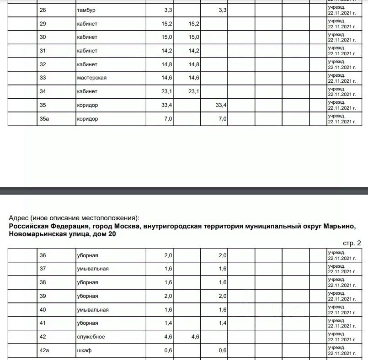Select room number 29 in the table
click(x=43, y=23)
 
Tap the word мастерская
click(x=91, y=78)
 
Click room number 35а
click(x=44, y=119)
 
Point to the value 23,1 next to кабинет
click(x=167, y=91)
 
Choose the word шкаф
click(x=83, y=350)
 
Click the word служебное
click(x=91, y=337)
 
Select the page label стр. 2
click(x=352, y=243)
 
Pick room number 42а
click(x=44, y=350)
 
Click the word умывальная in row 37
click(x=92, y=269)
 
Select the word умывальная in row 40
click(x=92, y=310)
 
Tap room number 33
click(x=43, y=78)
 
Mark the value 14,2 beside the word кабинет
click(x=167, y=51)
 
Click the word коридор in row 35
click(x=87, y=105)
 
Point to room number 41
click(x=43, y=323)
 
